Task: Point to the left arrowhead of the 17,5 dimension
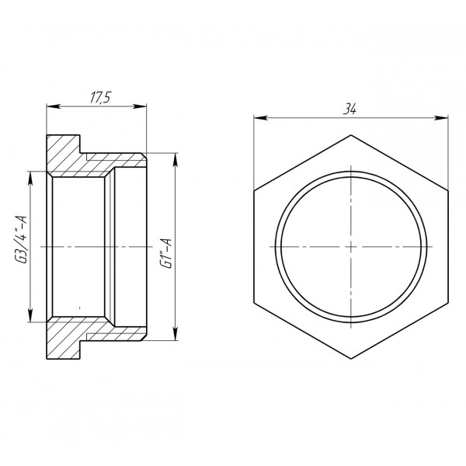(51, 106)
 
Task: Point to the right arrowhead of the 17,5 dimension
(143, 106)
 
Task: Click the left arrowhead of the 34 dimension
(259, 118)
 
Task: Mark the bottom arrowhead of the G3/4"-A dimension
(30, 316)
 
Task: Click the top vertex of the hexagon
(351, 134)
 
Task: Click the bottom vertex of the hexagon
(351, 357)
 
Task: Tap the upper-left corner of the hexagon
(254, 190)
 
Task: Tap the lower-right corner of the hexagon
(448, 301)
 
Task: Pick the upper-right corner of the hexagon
(448, 190)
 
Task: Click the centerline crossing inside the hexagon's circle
(351, 246)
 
